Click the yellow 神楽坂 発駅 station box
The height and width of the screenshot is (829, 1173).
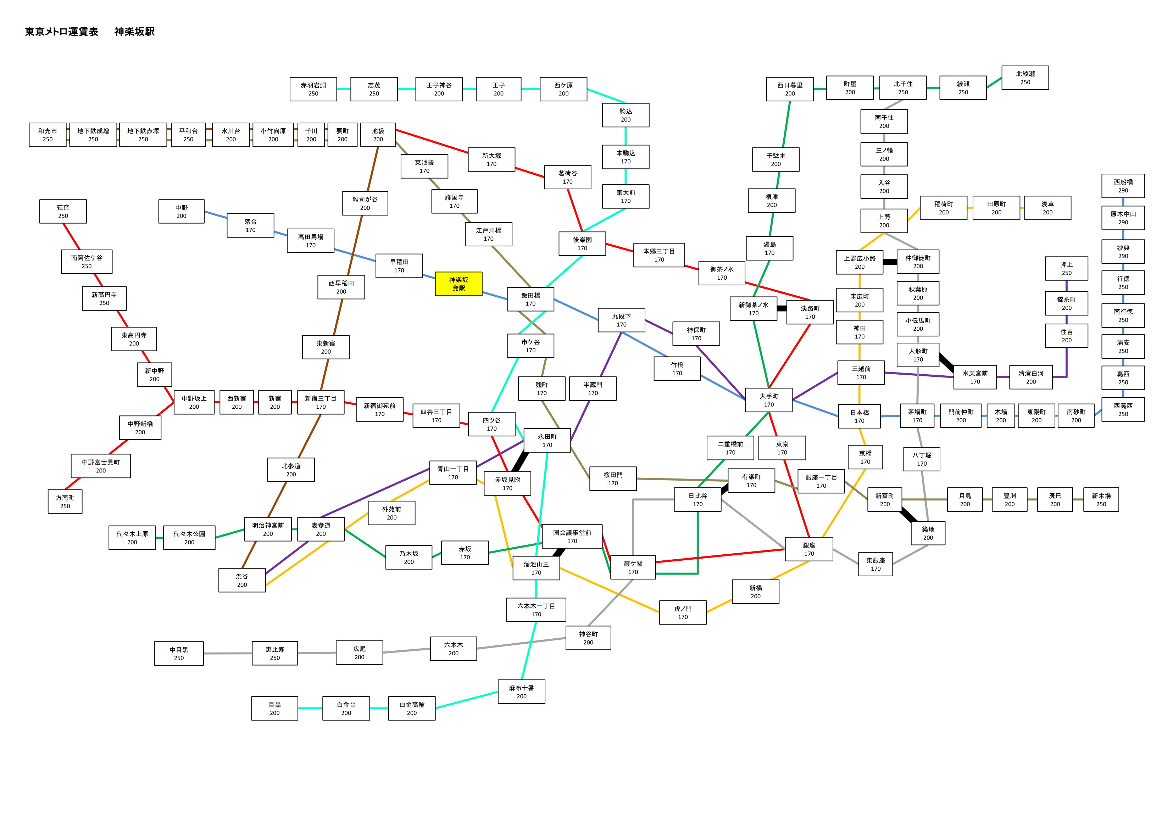tap(458, 284)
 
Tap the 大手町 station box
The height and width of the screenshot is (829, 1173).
tap(768, 400)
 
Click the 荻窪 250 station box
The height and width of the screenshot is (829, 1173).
tap(63, 212)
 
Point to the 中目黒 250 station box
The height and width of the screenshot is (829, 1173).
tap(179, 653)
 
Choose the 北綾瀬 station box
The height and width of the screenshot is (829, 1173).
tap(1025, 78)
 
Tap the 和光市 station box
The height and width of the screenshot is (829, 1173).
tap(48, 135)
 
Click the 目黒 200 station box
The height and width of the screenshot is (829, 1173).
tap(274, 708)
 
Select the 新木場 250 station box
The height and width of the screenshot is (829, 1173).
tap(1101, 499)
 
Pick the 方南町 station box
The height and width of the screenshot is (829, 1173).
tap(65, 502)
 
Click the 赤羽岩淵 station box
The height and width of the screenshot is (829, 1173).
tap(313, 89)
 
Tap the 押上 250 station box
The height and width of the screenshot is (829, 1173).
tap(1066, 269)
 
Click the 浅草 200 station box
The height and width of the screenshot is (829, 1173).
tap(1047, 208)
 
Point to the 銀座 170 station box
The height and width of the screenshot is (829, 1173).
tap(809, 549)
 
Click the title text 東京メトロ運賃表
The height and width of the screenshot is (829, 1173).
tap(61, 32)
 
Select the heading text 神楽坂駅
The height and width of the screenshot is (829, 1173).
tap(134, 32)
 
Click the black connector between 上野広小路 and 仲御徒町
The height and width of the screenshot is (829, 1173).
tap(890, 262)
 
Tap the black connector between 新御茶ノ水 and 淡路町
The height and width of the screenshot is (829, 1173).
tap(782, 308)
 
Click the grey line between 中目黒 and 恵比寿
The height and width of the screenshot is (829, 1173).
tap(228, 653)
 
